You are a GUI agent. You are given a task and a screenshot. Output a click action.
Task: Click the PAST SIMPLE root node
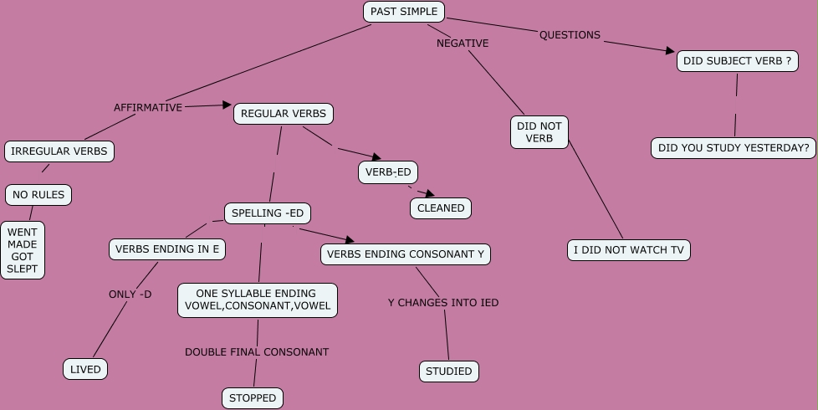[x=404, y=12]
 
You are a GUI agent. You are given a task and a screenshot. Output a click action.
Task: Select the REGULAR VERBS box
[x=284, y=114]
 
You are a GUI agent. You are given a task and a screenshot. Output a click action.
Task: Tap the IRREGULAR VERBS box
[x=59, y=151]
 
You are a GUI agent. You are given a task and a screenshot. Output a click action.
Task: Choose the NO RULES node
[x=38, y=195]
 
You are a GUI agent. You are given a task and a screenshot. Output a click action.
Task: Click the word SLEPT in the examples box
[x=23, y=270]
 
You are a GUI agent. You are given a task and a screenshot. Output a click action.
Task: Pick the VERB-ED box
[x=388, y=172]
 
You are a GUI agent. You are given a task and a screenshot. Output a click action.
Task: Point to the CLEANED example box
[x=441, y=208]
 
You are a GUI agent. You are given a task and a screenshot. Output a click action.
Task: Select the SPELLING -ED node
[x=268, y=213]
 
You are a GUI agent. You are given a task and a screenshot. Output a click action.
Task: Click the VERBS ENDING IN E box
[x=167, y=249]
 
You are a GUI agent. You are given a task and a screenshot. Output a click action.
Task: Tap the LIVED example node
[x=85, y=369]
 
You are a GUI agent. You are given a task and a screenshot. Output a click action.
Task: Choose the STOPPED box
[x=253, y=397]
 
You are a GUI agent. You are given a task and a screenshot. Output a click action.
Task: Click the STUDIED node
[x=449, y=371]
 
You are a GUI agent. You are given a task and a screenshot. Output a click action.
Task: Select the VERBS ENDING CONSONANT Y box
[x=406, y=254]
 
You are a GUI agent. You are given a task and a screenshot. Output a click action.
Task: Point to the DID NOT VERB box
[x=539, y=132]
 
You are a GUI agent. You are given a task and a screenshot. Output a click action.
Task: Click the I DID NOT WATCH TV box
[x=629, y=249]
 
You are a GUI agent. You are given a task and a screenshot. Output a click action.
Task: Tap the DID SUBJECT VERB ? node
[x=737, y=61]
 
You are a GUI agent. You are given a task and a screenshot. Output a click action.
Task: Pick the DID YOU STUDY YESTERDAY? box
[x=734, y=148]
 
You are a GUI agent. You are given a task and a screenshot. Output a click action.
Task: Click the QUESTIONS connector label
[x=570, y=35]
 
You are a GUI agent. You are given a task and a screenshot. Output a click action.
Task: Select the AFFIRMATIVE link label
[x=148, y=107]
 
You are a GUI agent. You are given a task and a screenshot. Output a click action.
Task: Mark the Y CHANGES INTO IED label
[x=443, y=302]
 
